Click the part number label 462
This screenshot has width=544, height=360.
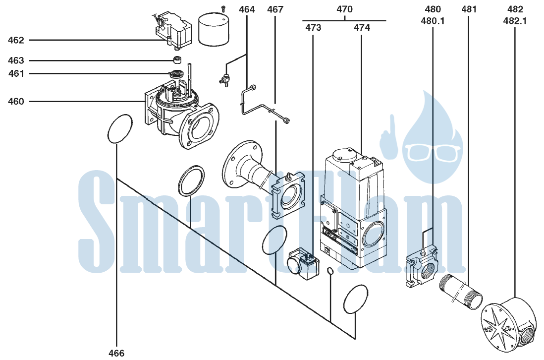click(16, 40)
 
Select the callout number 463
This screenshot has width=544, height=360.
click(16, 61)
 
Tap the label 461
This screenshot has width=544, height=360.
click(16, 73)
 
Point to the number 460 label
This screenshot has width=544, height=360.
click(16, 101)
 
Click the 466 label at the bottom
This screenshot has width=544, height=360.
click(116, 354)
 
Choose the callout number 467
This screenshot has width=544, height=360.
click(275, 9)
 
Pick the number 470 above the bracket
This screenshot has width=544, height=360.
click(344, 9)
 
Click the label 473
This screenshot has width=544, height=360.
click(313, 27)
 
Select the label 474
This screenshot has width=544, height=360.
click(362, 27)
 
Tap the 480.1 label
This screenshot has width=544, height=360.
click(433, 21)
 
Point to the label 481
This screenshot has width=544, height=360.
click(469, 9)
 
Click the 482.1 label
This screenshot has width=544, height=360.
click(515, 21)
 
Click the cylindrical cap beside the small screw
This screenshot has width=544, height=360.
click(214, 30)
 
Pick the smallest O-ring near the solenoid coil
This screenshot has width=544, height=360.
click(330, 270)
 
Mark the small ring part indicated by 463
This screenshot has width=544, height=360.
click(178, 60)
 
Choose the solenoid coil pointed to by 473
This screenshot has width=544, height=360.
click(303, 263)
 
